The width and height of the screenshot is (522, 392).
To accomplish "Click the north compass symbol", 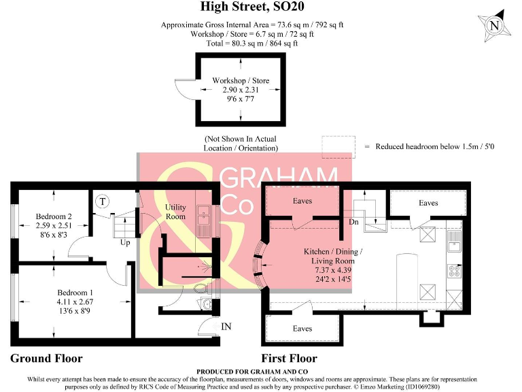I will pyautogui.click(x=494, y=26).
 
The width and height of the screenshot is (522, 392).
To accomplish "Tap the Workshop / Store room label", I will pyautogui.click(x=240, y=80).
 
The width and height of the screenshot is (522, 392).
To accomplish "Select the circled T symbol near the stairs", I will pyautogui.click(x=102, y=201).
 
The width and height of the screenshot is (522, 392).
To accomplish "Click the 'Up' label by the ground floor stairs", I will pyautogui.click(x=125, y=242).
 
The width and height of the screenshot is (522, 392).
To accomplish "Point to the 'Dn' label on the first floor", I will pyautogui.click(x=354, y=222).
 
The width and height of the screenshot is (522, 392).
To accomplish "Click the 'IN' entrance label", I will pyautogui.click(x=226, y=327).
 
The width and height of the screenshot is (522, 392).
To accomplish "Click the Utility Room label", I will pyautogui.click(x=175, y=212).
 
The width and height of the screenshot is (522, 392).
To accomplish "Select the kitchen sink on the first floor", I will pyautogui.click(x=455, y=244).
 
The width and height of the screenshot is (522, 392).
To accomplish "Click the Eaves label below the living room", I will pyautogui.click(x=302, y=329).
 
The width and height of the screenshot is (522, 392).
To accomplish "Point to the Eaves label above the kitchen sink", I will pyautogui.click(x=428, y=203).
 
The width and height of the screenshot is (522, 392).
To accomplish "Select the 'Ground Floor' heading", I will pyautogui.click(x=46, y=358).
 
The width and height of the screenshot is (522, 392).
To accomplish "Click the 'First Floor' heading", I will pyautogui.click(x=289, y=358).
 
